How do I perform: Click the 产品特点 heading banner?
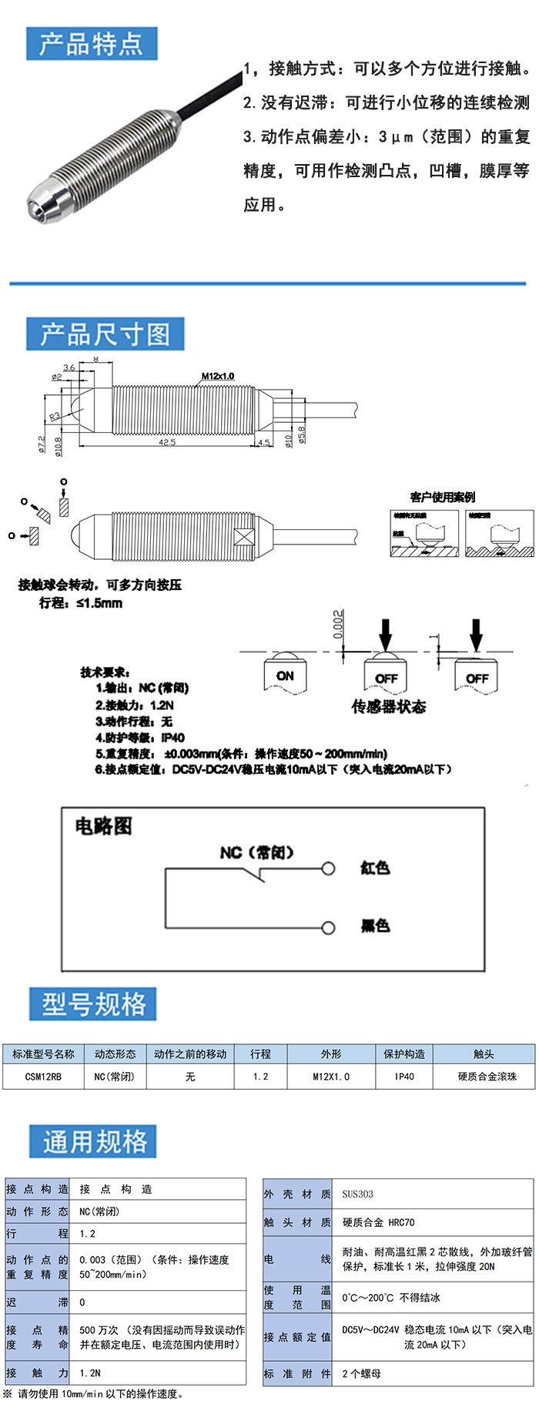click(91, 44)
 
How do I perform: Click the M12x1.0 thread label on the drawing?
click(218, 376)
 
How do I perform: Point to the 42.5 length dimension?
click(167, 442)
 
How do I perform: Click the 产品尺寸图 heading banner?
click(105, 334)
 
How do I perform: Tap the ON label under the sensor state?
click(285, 675)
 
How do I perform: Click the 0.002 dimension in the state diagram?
click(338, 625)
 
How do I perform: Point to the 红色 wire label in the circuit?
click(375, 868)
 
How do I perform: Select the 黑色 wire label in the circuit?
click(375, 925)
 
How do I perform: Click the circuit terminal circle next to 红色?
click(329, 869)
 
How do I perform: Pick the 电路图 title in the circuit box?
click(103, 826)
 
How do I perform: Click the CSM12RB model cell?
click(43, 1076)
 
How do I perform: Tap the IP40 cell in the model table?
click(404, 1076)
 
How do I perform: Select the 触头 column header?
click(484, 1054)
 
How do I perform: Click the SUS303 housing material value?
click(358, 1194)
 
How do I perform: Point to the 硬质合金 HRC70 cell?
click(378, 1222)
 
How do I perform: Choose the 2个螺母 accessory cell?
click(362, 1373)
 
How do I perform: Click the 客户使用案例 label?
click(443, 497)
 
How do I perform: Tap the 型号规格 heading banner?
click(93, 1004)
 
